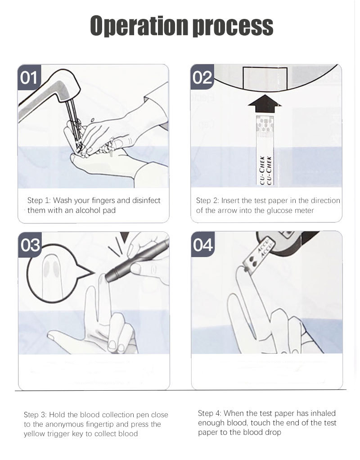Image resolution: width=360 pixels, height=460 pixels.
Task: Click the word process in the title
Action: pos(233,27)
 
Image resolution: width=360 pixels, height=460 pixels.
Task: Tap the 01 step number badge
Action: pos(29,77)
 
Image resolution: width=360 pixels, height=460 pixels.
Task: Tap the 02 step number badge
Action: pos(202,77)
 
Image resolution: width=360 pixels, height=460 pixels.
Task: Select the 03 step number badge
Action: pos(30,245)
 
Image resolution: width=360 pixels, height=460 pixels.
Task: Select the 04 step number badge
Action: pos(203,245)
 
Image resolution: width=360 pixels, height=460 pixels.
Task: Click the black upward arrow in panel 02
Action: pos(265,104)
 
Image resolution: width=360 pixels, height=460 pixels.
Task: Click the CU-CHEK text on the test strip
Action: pos(265,170)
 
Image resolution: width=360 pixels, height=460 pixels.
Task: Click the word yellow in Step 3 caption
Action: pos(34,434)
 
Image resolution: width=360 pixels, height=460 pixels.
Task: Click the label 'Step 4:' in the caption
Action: pos(210,413)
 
